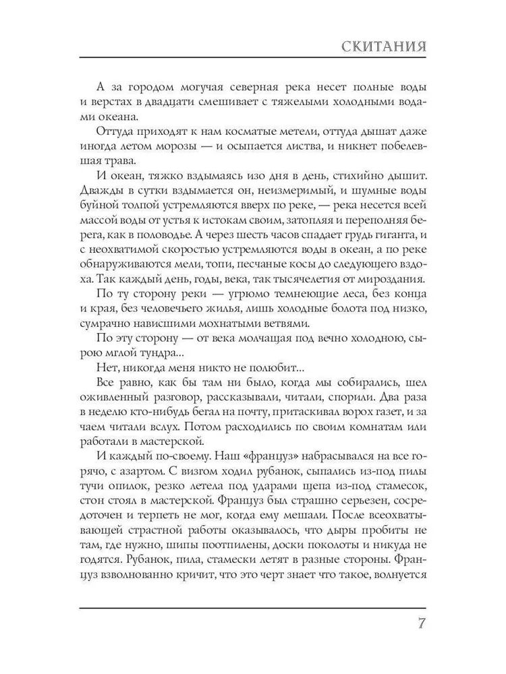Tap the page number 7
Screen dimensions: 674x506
click(420, 623)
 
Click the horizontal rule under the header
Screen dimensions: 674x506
click(253, 59)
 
